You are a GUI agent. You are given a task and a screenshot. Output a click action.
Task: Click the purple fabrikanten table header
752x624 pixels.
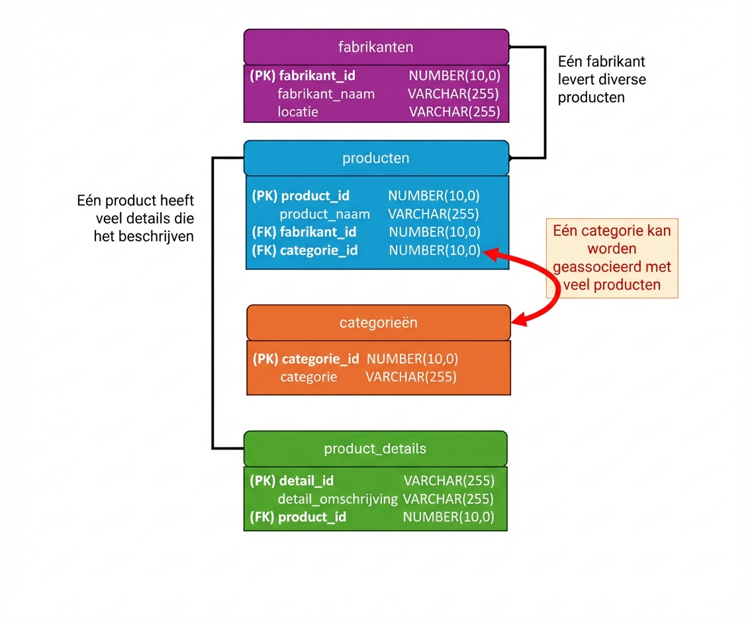pyautogui.click(x=376, y=47)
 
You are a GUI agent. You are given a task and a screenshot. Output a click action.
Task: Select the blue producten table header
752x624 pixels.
pyautogui.click(x=376, y=159)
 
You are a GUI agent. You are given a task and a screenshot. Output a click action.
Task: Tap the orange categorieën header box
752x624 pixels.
pyautogui.click(x=379, y=323)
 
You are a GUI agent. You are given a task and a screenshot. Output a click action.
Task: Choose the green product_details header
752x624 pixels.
pyautogui.click(x=375, y=449)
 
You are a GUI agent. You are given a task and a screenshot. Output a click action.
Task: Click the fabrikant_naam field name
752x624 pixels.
pyautogui.click(x=326, y=94)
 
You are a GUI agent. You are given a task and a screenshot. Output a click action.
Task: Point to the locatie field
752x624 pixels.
pyautogui.click(x=298, y=112)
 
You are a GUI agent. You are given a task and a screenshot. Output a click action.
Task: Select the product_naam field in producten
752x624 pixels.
pyautogui.click(x=324, y=214)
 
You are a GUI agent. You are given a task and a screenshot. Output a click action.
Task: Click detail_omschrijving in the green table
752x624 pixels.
pyautogui.click(x=338, y=499)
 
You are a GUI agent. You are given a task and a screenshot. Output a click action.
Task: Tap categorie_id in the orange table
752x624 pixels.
pyautogui.click(x=320, y=359)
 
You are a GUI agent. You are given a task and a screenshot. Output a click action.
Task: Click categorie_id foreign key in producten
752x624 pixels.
pyautogui.click(x=319, y=251)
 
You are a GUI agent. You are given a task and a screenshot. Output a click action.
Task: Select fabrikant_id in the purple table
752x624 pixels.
pyautogui.click(x=316, y=76)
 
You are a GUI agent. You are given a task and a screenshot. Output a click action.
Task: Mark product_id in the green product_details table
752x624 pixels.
pyautogui.click(x=312, y=517)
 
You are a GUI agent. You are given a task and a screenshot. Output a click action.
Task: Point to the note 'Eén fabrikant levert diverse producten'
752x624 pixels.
pyautogui.click(x=601, y=79)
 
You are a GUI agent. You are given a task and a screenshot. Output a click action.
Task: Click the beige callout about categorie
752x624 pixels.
pyautogui.click(x=612, y=258)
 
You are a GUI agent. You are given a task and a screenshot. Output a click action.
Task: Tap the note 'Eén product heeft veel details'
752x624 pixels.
pyautogui.click(x=136, y=218)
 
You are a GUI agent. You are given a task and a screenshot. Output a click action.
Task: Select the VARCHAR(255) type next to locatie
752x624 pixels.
pyautogui.click(x=453, y=112)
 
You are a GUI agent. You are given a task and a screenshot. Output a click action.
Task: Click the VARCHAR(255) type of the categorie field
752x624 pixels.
pyautogui.click(x=410, y=377)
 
